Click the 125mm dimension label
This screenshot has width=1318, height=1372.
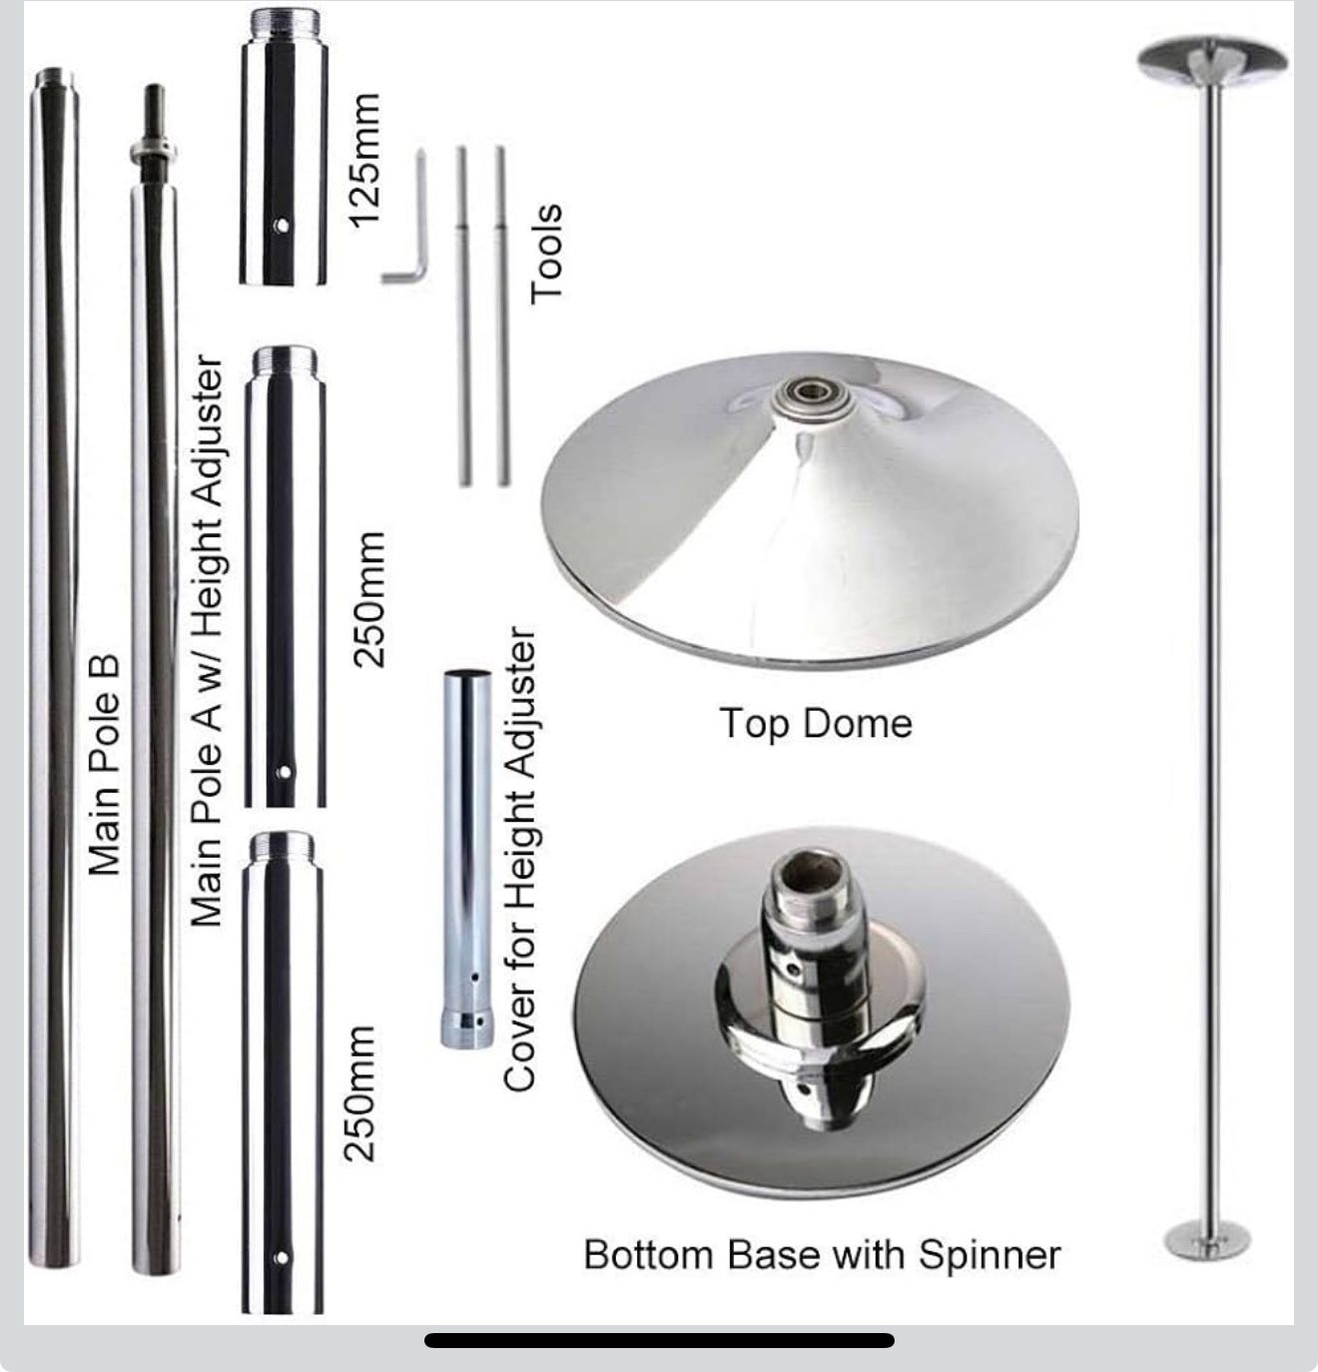(365, 160)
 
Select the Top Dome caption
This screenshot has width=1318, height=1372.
(815, 723)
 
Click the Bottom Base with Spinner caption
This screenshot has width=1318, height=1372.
(821, 1254)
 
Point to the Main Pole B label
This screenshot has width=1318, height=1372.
(104, 764)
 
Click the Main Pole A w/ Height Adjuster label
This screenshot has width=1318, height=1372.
(207, 639)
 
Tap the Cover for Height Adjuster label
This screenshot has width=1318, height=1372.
(520, 859)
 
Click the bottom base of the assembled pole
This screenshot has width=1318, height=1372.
(1207, 1238)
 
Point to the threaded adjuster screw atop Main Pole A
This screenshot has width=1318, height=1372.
(155, 120)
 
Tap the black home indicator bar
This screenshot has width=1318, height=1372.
(659, 1340)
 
